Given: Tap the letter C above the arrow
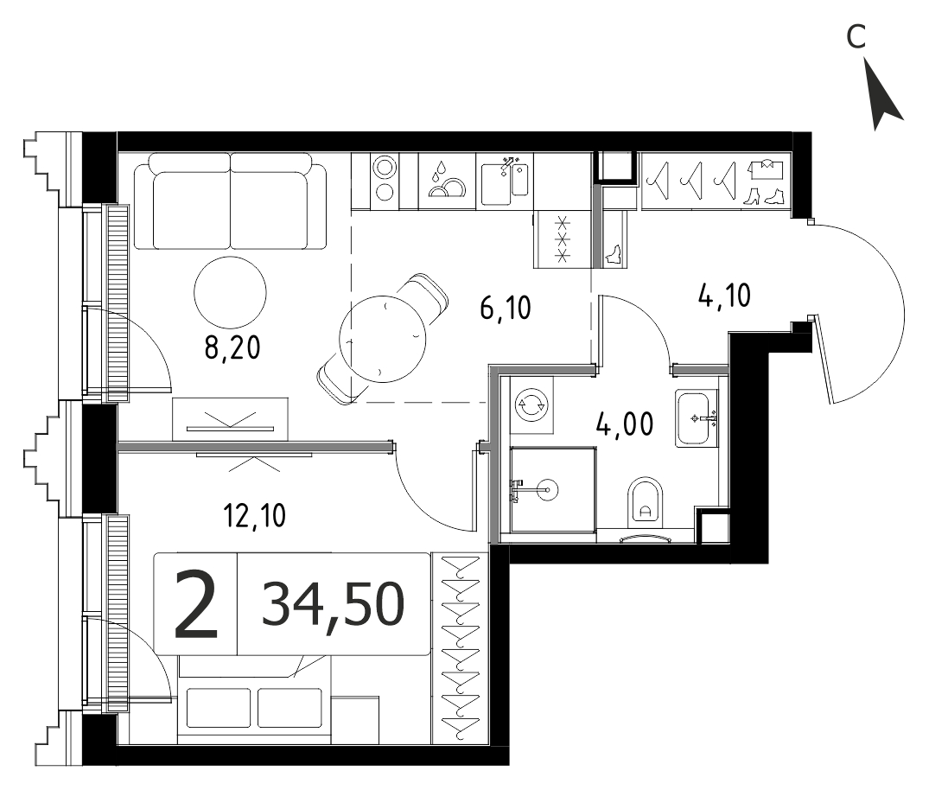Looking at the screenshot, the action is (856, 37).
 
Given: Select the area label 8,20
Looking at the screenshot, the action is (232, 348).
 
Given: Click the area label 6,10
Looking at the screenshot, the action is (506, 309).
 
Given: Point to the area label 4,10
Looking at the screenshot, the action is (724, 295).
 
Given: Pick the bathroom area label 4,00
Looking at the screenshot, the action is (625, 424).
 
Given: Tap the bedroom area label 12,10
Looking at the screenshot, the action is (255, 516).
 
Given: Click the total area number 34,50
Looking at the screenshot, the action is (333, 603).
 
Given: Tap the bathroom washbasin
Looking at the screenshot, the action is (697, 417).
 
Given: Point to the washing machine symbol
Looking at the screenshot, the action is (531, 406).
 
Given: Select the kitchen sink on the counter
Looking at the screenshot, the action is (505, 181).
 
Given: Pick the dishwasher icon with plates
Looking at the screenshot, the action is (447, 182).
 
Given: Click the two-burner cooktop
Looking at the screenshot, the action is (385, 179).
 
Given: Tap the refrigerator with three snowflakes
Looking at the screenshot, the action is (563, 239).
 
